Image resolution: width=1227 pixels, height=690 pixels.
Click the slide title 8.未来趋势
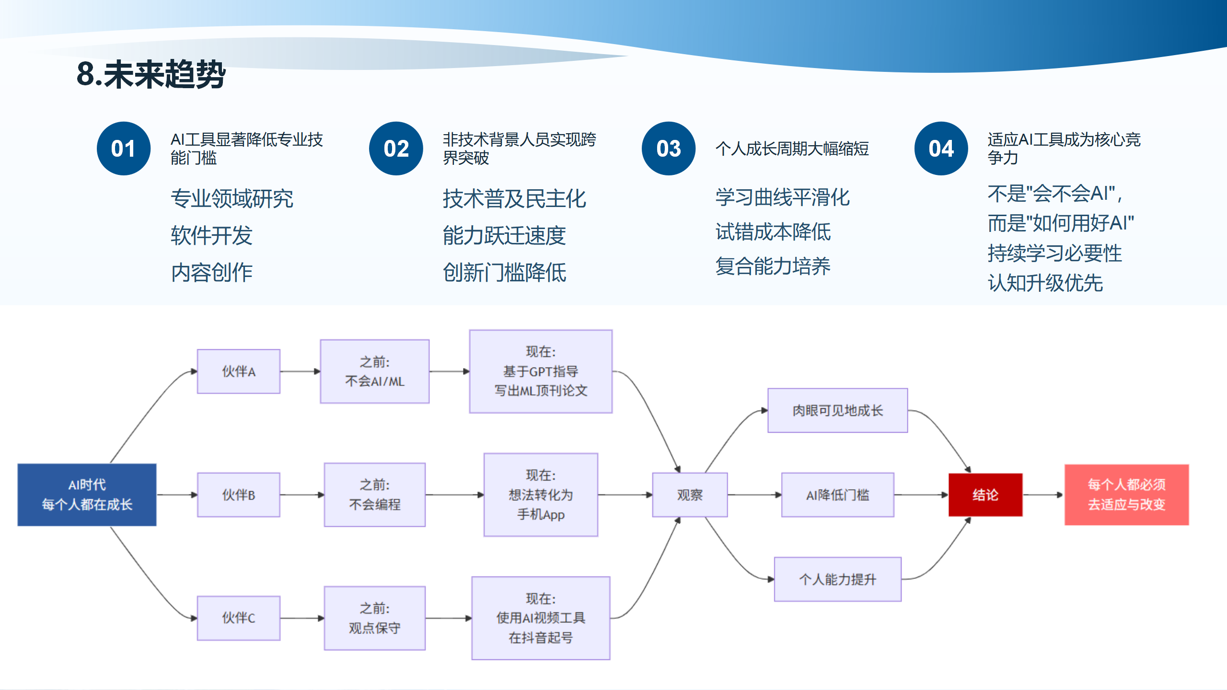point(150,75)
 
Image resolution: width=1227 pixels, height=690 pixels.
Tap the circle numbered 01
point(123,149)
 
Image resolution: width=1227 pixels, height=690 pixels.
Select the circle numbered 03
point(668,149)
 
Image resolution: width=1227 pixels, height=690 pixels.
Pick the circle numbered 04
point(941,149)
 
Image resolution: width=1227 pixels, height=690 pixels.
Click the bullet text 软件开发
point(211,235)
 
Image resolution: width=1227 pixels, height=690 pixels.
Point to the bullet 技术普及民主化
point(514,198)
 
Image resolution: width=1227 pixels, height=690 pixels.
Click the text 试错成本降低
point(773,232)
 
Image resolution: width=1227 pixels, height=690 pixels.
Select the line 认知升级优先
point(1045,283)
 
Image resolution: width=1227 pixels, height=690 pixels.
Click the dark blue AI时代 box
point(87,494)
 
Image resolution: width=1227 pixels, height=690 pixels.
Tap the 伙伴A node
point(238,371)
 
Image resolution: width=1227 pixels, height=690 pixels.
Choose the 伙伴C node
point(238,618)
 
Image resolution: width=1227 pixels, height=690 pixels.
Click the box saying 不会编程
point(374,494)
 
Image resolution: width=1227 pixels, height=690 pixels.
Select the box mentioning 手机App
point(541,494)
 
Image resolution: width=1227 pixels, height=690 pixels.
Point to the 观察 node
point(689,494)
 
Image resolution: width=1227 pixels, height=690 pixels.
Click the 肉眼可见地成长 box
point(837,411)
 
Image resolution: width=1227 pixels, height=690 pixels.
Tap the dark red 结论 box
point(985,494)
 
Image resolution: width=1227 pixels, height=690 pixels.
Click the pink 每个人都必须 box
point(1126,494)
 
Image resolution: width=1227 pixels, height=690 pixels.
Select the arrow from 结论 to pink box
point(1043,494)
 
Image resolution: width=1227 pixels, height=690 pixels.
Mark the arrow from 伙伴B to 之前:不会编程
point(302,494)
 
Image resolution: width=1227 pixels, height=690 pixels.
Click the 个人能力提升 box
point(837,579)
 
